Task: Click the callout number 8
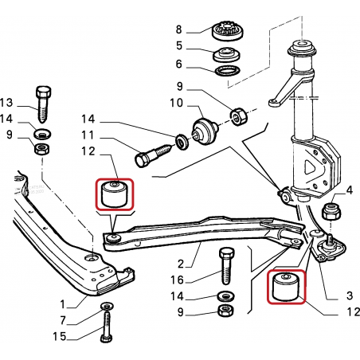coord(178,29)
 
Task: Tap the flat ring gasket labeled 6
coord(227,71)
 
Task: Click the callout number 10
coord(176,103)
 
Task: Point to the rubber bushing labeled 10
coord(205,131)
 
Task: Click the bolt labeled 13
coord(43,104)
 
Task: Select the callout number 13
coord(6,102)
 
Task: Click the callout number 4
coord(350,190)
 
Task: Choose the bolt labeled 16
coord(226,266)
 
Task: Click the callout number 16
coord(177,280)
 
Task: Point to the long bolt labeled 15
coord(106,327)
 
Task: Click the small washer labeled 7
coord(107,307)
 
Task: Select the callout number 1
coord(63,304)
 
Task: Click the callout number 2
coord(181,264)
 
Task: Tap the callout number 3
coord(350,295)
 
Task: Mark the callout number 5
coord(179,45)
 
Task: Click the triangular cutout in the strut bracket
coord(310,167)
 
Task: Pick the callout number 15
coord(60,336)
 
